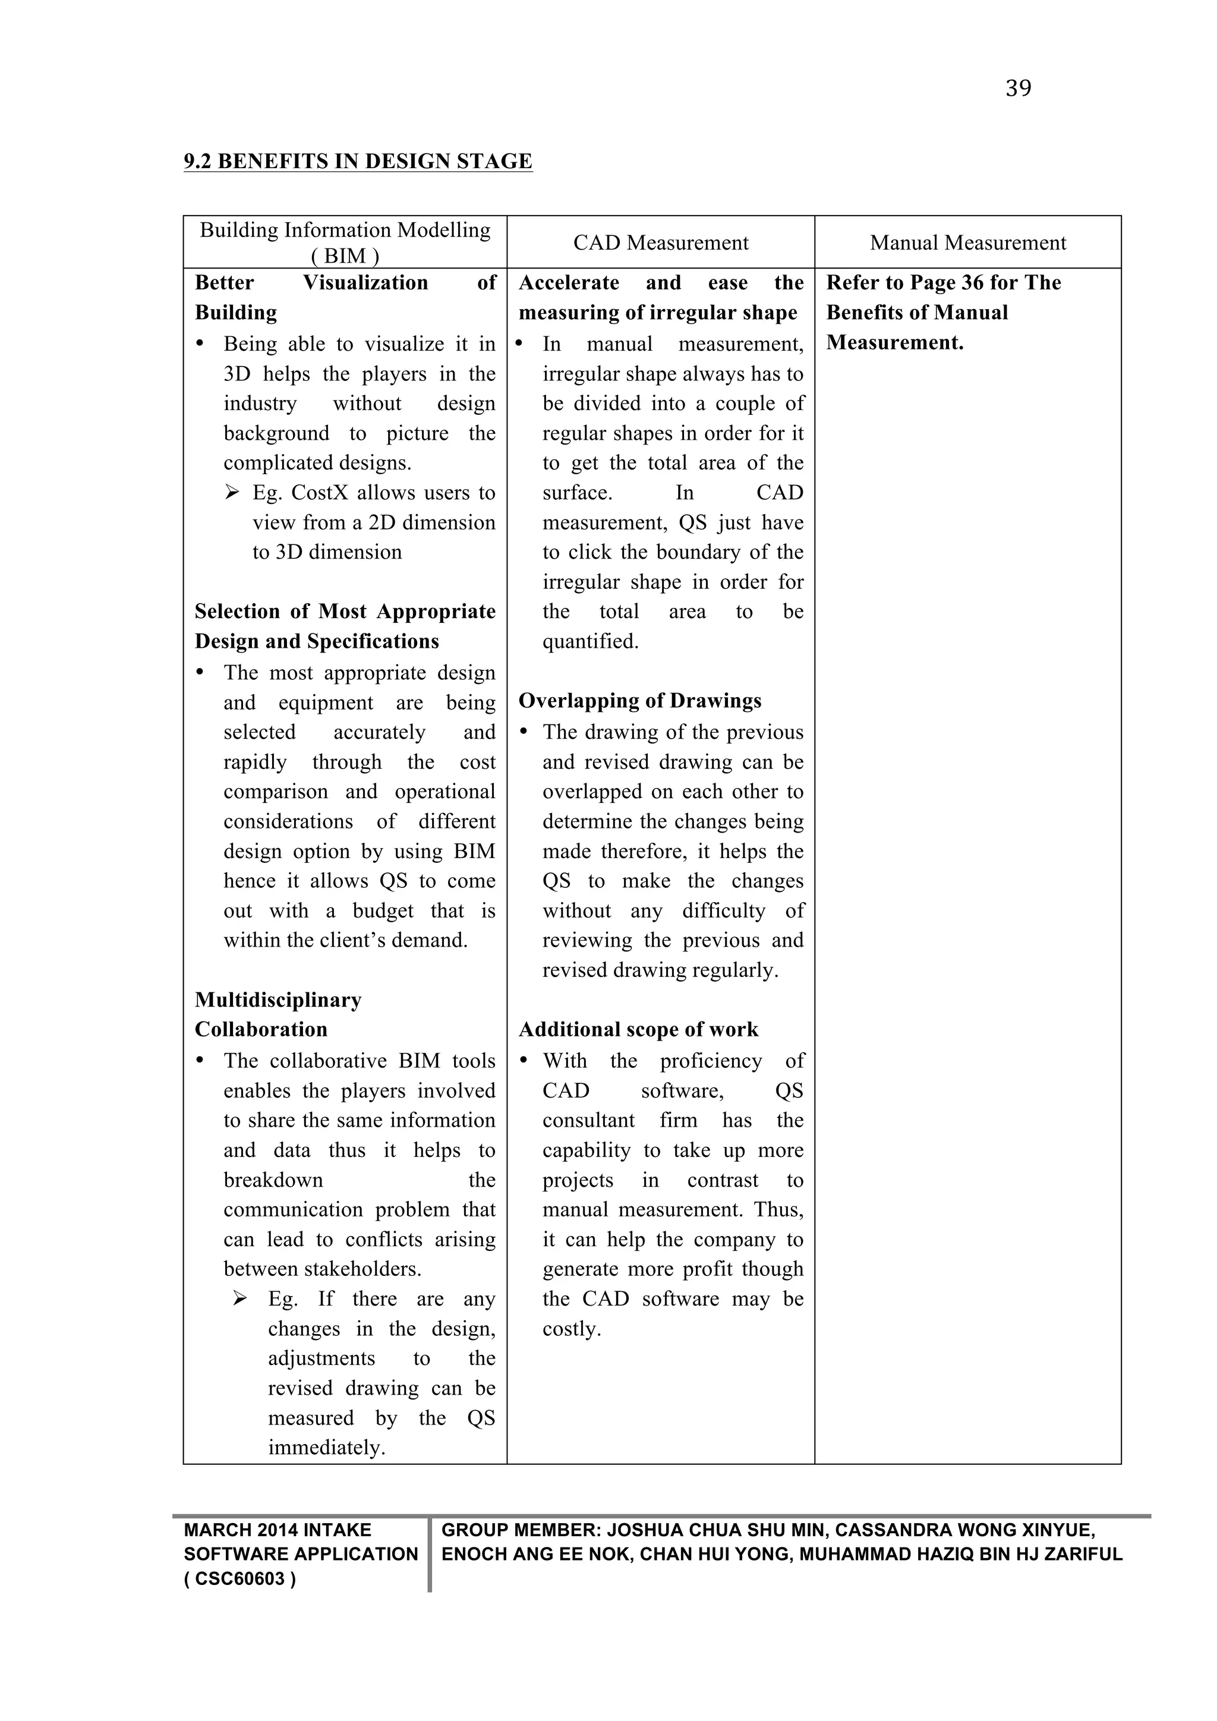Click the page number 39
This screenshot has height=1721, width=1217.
coord(1018,89)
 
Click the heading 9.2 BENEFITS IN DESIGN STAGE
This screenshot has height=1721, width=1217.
coord(358,162)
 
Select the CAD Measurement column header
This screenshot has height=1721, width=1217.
coord(660,243)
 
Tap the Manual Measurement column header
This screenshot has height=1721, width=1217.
coord(967,243)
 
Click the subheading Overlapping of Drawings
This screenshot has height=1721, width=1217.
coord(639,701)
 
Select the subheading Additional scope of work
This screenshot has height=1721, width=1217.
coord(638,1030)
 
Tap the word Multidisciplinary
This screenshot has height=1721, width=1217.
coord(278,1001)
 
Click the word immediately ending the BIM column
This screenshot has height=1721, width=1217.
coord(326,1448)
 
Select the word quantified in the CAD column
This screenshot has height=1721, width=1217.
coord(589,642)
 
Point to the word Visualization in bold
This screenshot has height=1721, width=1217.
coord(365,283)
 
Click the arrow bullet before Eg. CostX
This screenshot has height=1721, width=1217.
coord(232,493)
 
